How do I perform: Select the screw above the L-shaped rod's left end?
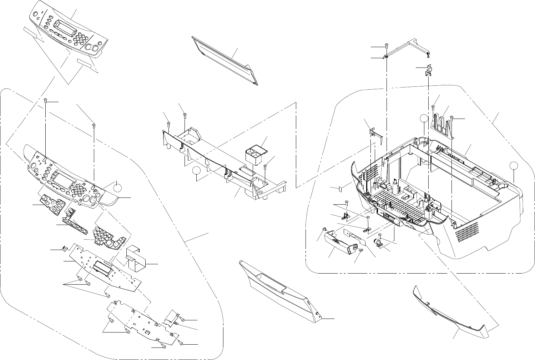point(386,45)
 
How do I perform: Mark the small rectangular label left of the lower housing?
point(340,187)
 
